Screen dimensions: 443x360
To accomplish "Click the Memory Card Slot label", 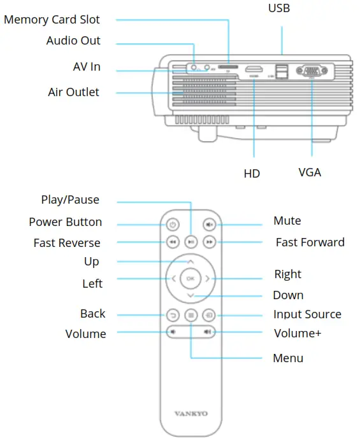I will coord(52,20).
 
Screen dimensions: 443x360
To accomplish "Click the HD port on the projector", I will coord(254,69).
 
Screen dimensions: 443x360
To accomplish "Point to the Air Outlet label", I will coord(74,92).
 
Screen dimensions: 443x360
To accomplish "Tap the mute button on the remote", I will coord(209,225).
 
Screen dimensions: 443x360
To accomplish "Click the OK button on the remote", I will coord(191,278).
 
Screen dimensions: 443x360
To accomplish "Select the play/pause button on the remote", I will coord(191,243).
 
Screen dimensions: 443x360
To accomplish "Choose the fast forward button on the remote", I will coord(209,243).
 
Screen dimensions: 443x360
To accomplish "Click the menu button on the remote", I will coord(191,314).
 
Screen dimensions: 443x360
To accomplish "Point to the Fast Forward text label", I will coord(310,243).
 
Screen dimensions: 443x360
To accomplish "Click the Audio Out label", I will coord(73,41).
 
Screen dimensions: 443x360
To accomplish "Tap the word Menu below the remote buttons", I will coord(288,358).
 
